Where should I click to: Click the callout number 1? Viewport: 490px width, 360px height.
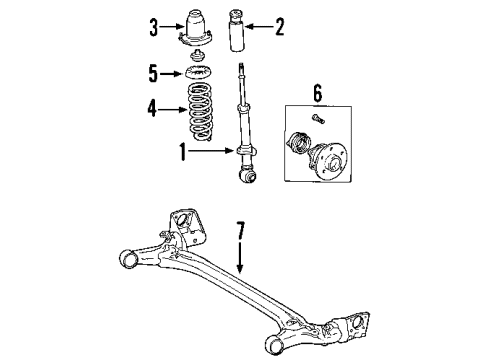[x=182, y=153]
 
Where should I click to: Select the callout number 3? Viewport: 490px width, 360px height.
[x=154, y=27]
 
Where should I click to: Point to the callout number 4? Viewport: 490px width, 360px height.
[x=153, y=109]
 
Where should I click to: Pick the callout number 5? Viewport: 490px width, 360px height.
[x=154, y=72]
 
